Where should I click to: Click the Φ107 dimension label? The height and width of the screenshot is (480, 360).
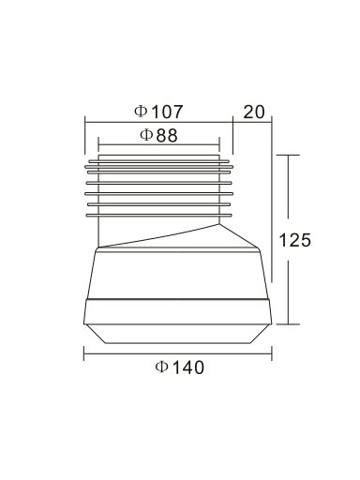tap(158, 112)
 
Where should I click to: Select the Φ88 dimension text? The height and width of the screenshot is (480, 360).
tap(158, 135)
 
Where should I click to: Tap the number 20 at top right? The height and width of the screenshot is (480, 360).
tap(254, 112)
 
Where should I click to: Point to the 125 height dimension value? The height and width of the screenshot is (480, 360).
tap(294, 240)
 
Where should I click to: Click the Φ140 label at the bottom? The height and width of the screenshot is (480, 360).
tap(180, 367)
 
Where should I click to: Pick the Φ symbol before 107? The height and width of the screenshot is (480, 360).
tap(141, 112)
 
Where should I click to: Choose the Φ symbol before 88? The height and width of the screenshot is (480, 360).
tap(146, 135)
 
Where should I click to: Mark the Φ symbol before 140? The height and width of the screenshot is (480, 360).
tap(161, 367)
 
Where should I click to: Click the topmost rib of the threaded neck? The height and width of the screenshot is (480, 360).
tap(158, 161)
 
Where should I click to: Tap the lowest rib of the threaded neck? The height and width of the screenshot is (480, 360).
tap(158, 215)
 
